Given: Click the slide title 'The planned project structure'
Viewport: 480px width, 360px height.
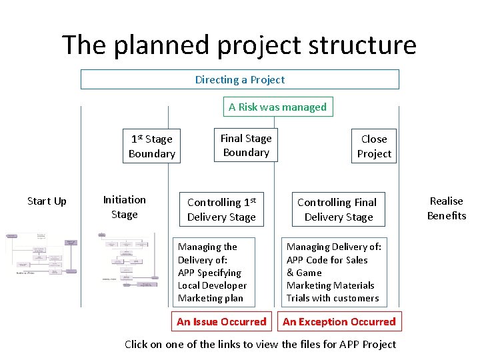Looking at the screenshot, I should click(239, 45).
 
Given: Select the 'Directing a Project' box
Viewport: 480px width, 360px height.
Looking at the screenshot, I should click(239, 79).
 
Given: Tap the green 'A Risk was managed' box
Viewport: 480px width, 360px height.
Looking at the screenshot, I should click(277, 107).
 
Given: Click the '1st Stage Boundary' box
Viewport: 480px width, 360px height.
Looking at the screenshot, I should click(151, 146).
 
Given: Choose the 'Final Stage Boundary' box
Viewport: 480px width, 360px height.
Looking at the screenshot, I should click(246, 145).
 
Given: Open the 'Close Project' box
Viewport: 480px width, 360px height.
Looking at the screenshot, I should click(373, 146).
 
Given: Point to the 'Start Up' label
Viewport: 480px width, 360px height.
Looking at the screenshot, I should click(47, 201).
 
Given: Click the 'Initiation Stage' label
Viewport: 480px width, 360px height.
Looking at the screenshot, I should click(124, 207).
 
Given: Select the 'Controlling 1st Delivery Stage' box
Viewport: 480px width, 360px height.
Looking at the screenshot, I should click(221, 209).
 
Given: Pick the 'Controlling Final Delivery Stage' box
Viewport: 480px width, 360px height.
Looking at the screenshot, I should click(337, 209).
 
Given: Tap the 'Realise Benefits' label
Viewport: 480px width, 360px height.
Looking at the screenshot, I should click(446, 208).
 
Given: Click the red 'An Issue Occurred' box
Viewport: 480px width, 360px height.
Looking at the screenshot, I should click(221, 321).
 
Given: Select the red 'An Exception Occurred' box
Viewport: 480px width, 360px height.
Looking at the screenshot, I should click(339, 321).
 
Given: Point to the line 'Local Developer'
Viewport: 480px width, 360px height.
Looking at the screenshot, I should click(212, 285).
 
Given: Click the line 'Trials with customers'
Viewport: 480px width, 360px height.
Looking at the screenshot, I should click(332, 298).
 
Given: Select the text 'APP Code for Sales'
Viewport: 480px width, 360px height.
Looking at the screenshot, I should click(327, 259).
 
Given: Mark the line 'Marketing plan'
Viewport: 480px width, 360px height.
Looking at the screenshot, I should click(210, 298).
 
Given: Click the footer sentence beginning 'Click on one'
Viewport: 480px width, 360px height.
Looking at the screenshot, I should click(260, 344).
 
